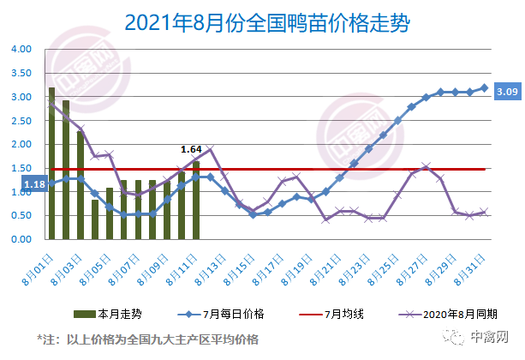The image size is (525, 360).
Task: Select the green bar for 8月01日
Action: (51, 163)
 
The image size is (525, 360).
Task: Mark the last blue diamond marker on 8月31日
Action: (485, 87)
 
